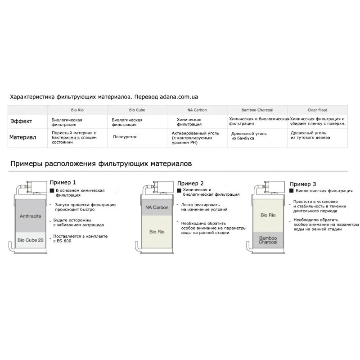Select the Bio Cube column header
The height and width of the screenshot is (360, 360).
(x=136, y=110)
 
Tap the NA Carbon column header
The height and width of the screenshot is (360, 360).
(x=197, y=110)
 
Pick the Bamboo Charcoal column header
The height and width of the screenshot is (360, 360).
(x=257, y=110)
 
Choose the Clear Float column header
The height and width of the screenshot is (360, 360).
(x=318, y=110)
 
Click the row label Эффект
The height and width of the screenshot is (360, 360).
(x=21, y=121)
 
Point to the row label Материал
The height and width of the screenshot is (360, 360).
(x=22, y=137)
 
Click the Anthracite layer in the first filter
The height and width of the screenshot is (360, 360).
(x=30, y=216)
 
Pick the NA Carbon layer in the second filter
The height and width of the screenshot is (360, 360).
(x=157, y=207)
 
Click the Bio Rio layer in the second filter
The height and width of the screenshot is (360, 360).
(x=157, y=231)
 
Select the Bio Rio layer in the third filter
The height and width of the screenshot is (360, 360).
(x=268, y=215)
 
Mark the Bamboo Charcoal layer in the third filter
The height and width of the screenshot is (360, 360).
(x=268, y=239)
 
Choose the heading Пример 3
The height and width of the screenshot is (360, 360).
(x=302, y=184)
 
